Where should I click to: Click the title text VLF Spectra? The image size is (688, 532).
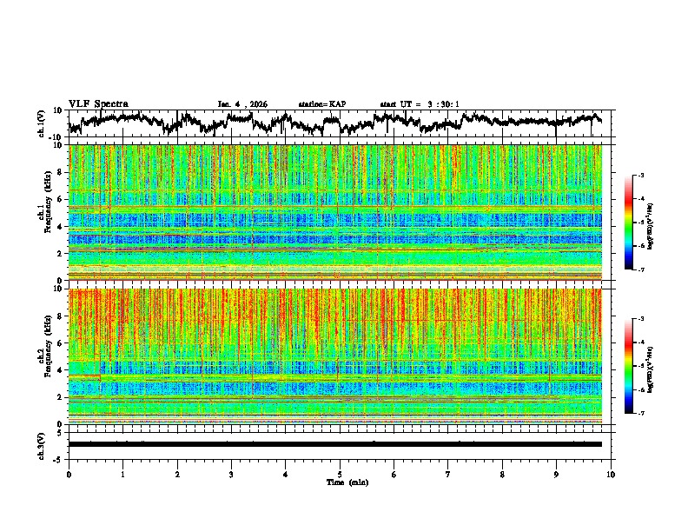pyautogui.click(x=98, y=103)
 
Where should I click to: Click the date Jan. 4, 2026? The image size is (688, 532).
pyautogui.click(x=242, y=104)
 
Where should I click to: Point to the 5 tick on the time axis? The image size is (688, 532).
pyautogui.click(x=340, y=475)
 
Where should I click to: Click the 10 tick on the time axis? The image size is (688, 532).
pyautogui.click(x=611, y=475)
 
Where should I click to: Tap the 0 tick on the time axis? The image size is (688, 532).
pyautogui.click(x=69, y=475)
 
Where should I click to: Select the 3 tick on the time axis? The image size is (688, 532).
pyautogui.click(x=231, y=475)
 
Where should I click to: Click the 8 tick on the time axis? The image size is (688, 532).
pyautogui.click(x=502, y=475)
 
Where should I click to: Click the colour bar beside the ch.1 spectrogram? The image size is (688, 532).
pyautogui.click(x=638, y=223)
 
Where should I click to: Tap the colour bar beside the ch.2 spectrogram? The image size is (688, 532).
pyautogui.click(x=638, y=366)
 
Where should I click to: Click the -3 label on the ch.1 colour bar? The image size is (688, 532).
pyautogui.click(x=651, y=176)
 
